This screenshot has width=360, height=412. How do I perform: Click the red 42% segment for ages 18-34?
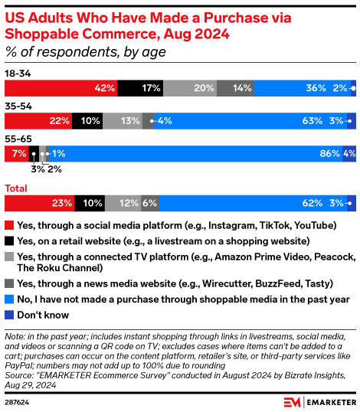pos(61,89)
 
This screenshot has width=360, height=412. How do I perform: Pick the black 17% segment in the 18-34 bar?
pos(140,89)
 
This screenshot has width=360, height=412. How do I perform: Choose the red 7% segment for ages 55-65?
pos(17,153)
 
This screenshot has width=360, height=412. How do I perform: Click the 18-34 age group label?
pos(18,74)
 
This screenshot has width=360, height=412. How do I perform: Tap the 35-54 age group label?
pos(18,105)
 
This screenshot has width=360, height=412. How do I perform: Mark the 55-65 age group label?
pos(18,138)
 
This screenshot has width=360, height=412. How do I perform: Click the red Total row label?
pos(17,188)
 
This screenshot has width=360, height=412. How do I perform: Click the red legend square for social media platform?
pos(9,226)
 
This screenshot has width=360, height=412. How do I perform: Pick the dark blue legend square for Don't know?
pos(9,293)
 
